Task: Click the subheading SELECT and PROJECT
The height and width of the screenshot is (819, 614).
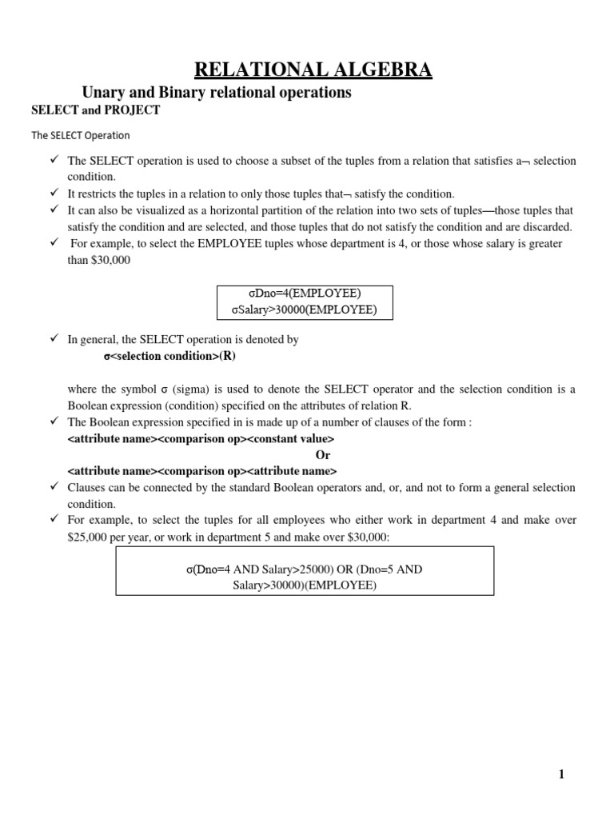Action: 95,110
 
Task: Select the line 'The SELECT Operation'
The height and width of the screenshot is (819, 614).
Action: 80,135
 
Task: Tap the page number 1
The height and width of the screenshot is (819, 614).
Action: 561,773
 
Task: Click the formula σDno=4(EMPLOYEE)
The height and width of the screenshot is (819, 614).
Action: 305,294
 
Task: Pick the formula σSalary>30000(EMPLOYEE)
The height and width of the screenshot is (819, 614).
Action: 305,310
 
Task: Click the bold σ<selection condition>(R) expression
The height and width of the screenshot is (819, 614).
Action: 169,356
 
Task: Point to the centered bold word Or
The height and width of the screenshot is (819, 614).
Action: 322,455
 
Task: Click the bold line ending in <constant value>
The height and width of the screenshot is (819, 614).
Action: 201,439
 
